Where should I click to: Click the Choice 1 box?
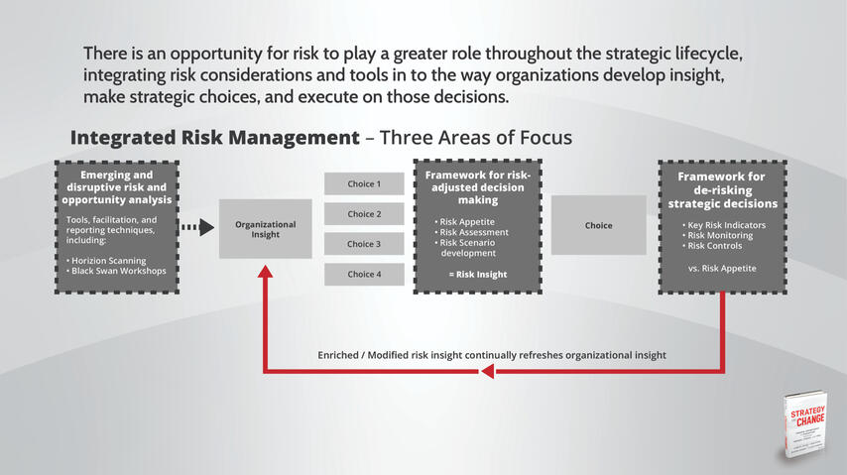pos(364,184)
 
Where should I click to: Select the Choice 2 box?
pos(364,214)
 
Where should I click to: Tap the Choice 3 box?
pos(364,244)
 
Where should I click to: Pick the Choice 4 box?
pos(364,275)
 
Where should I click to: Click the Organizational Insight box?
pos(265,229)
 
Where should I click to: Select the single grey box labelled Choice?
pos(598,226)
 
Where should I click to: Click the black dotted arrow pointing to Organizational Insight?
pos(198,228)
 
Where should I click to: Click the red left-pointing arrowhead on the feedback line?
pos(486,372)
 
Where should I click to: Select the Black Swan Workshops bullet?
pos(116,271)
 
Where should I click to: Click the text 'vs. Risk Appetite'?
pos(721,269)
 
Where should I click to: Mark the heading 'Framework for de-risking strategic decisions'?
pos(721,190)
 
